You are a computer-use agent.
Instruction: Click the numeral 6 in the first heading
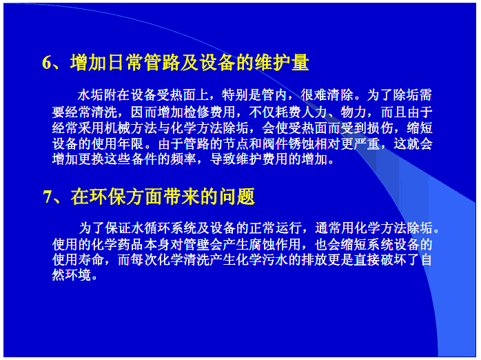(x=48, y=62)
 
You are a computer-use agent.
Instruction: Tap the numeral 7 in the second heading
(x=48, y=197)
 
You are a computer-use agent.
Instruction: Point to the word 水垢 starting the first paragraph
(x=90, y=95)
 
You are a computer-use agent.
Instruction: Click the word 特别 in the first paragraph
(x=235, y=95)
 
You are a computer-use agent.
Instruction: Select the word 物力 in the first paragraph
(x=354, y=112)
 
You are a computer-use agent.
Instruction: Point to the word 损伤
(x=380, y=128)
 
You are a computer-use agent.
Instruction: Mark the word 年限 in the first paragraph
(x=130, y=144)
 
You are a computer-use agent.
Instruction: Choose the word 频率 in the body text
(x=183, y=159)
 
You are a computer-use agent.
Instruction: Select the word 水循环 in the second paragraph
(x=151, y=228)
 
